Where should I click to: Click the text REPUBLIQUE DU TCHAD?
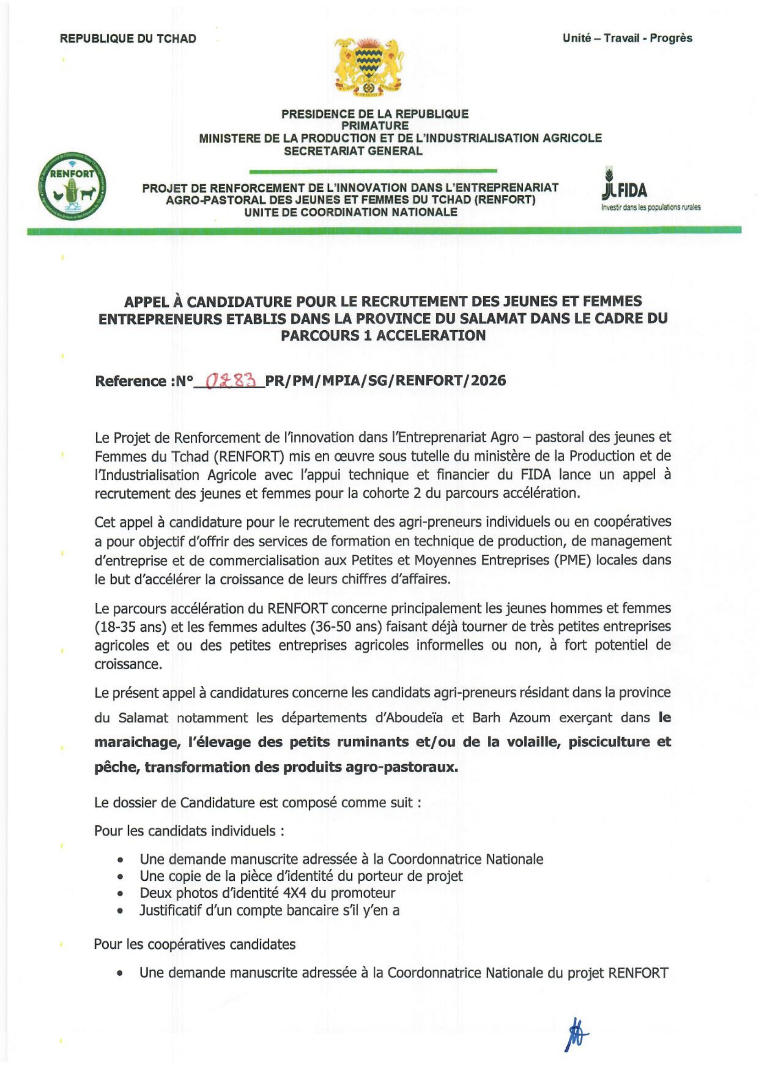(127, 39)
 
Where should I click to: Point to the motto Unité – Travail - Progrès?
(627, 38)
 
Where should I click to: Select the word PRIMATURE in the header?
(375, 126)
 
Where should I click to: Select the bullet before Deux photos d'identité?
(121, 894)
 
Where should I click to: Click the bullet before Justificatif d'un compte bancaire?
(121, 911)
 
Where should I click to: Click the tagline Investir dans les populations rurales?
(651, 207)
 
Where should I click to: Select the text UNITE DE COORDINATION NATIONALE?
(350, 212)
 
